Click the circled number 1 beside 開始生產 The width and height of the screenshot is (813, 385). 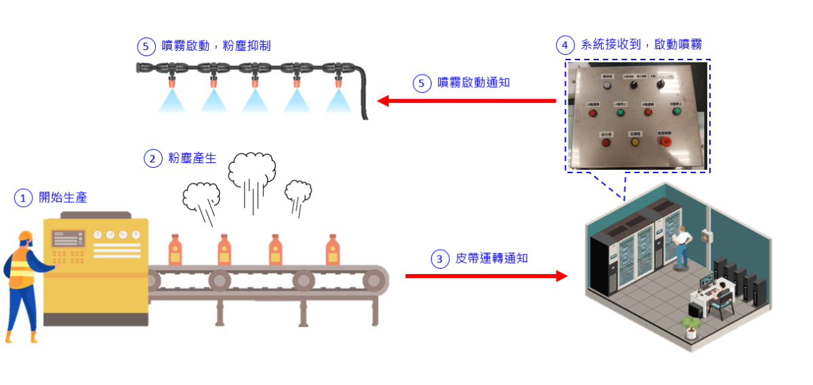(x=24, y=198)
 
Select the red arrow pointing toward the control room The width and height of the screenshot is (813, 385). (x=486, y=276)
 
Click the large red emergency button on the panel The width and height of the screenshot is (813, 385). (x=666, y=141)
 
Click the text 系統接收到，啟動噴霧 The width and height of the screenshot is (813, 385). (x=641, y=45)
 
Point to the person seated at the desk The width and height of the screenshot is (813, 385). (x=722, y=295)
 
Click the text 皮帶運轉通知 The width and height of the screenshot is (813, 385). (x=492, y=258)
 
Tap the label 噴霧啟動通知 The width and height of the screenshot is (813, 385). (x=474, y=83)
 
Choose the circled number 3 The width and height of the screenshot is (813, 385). (x=440, y=258)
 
